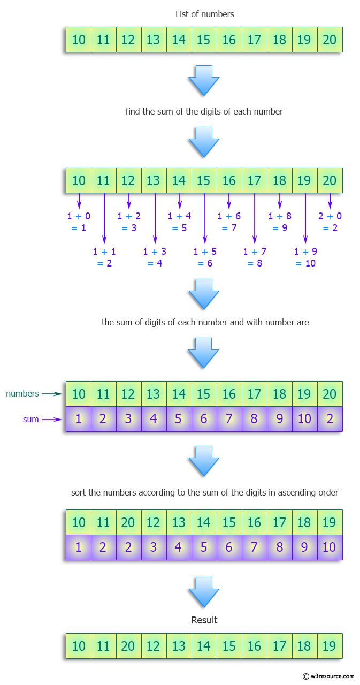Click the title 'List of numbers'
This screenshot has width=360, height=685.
tap(204, 14)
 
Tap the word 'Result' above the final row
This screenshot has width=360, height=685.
tap(204, 620)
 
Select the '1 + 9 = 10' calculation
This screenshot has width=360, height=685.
tap(305, 257)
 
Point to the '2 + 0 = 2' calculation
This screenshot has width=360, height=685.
tap(330, 222)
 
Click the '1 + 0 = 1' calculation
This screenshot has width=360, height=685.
tap(79, 222)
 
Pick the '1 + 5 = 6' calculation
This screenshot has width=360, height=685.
tap(204, 257)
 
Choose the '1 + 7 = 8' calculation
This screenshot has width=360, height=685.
tap(255, 257)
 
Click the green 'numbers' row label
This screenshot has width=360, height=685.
tap(22, 394)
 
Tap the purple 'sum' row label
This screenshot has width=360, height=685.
tap(31, 420)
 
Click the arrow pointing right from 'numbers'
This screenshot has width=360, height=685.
tap(52, 394)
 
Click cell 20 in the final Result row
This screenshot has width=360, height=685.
tap(128, 646)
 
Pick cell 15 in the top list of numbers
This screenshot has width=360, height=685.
tap(204, 40)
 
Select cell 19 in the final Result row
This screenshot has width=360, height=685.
tap(330, 646)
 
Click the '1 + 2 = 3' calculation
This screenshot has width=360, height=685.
tap(129, 222)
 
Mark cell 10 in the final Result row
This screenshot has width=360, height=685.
tap(79, 646)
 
